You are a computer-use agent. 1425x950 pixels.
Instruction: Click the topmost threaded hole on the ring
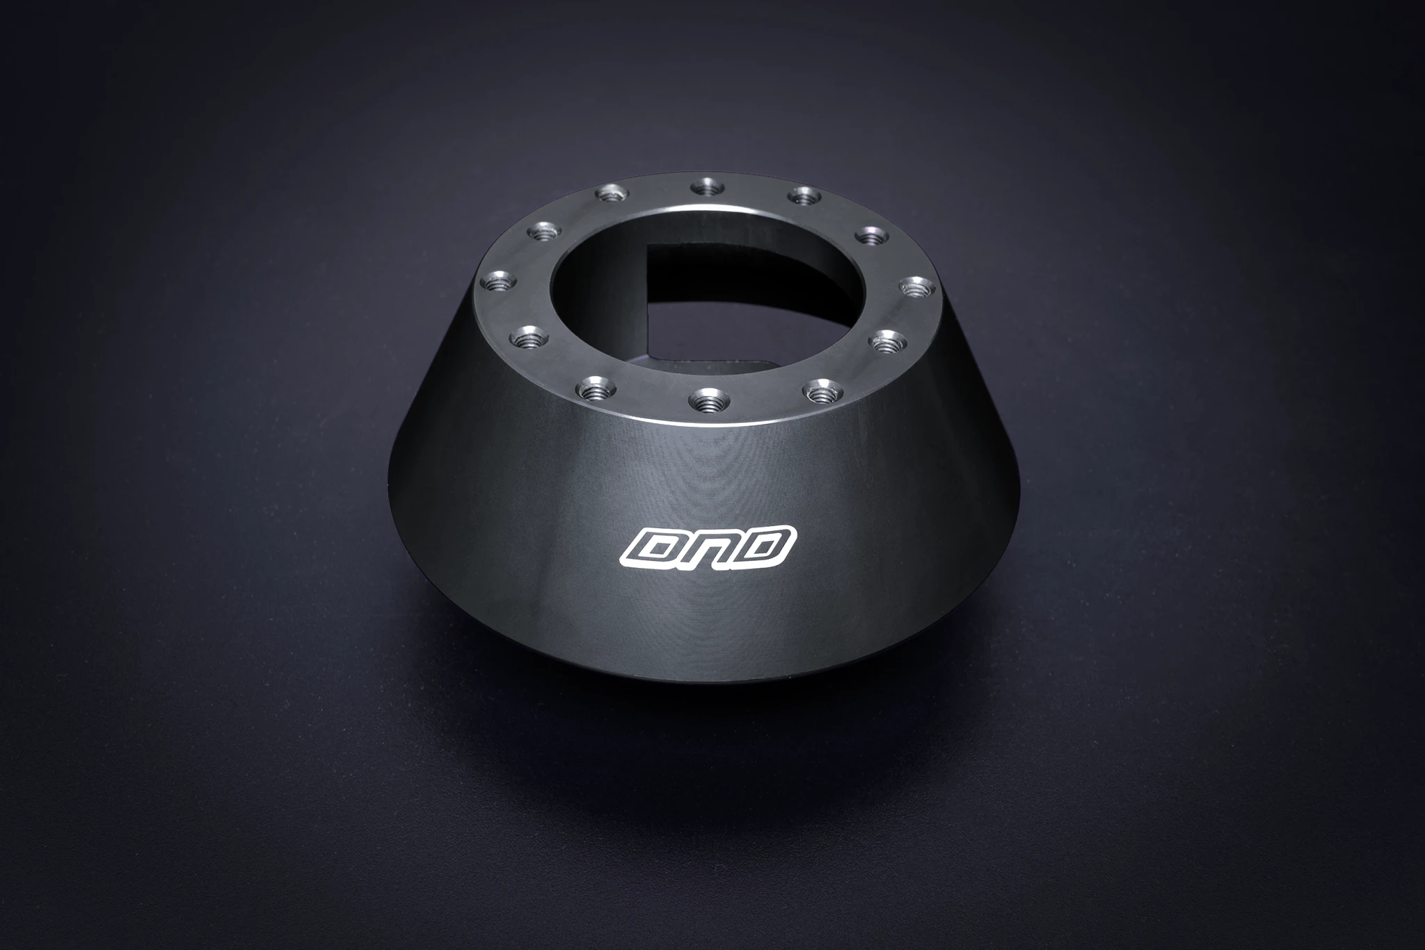click(x=707, y=186)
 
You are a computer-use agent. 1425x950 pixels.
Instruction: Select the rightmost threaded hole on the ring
click(x=918, y=285)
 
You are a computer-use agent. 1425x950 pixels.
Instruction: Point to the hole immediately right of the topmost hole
click(x=804, y=196)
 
